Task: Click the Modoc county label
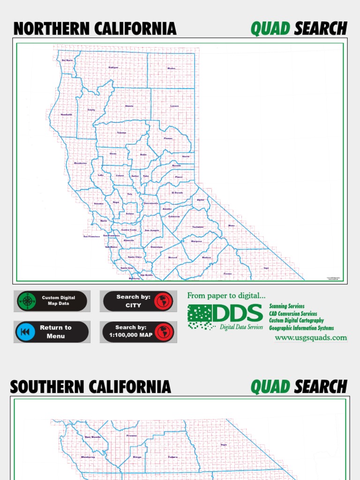(171, 68)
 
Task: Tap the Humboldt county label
(67, 114)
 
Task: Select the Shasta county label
(129, 106)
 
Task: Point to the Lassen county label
(174, 106)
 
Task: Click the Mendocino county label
(81, 163)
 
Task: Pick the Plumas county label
(168, 138)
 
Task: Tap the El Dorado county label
(178, 193)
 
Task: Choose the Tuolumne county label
(198, 227)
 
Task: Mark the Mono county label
(231, 225)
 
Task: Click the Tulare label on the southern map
(173, 457)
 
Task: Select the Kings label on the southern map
(137, 457)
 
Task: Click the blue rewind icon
(25, 332)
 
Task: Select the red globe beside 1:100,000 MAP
(164, 332)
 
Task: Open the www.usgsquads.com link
(311, 337)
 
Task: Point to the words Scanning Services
(287, 306)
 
